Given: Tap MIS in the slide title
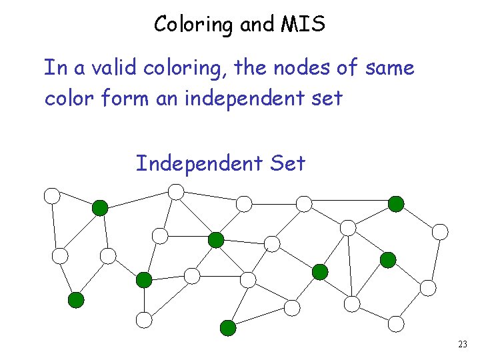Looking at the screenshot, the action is coord(303,25).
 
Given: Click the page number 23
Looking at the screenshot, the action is coord(463,345).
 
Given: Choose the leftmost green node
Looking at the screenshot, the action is coord(77,300).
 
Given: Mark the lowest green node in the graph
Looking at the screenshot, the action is coord(228,327).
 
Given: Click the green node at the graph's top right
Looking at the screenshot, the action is coord(396,203).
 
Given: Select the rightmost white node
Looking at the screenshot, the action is coord(440,231).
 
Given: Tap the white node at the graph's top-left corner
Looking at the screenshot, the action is coord(52,195).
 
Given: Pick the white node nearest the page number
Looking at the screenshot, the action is coord(396,323).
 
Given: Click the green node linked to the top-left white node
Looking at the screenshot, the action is coord(99,208).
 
